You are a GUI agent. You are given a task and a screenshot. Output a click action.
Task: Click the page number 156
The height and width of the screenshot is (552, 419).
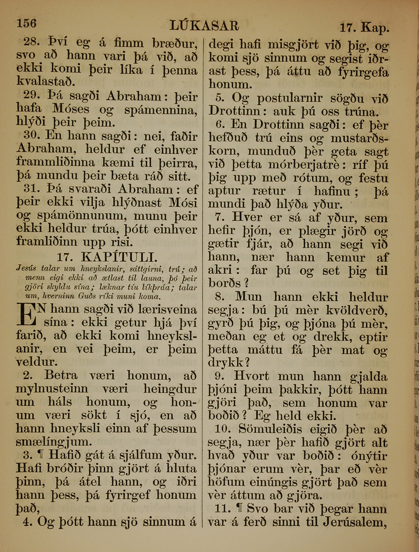point(27,23)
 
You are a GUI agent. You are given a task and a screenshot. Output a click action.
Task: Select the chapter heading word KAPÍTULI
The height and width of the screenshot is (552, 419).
point(119,257)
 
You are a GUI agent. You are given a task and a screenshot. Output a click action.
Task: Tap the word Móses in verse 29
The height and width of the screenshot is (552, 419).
point(71,109)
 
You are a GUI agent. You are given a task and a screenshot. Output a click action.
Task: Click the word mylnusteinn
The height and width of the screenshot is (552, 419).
point(52,389)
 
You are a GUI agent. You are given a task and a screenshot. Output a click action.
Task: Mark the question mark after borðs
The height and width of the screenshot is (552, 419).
point(246,284)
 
